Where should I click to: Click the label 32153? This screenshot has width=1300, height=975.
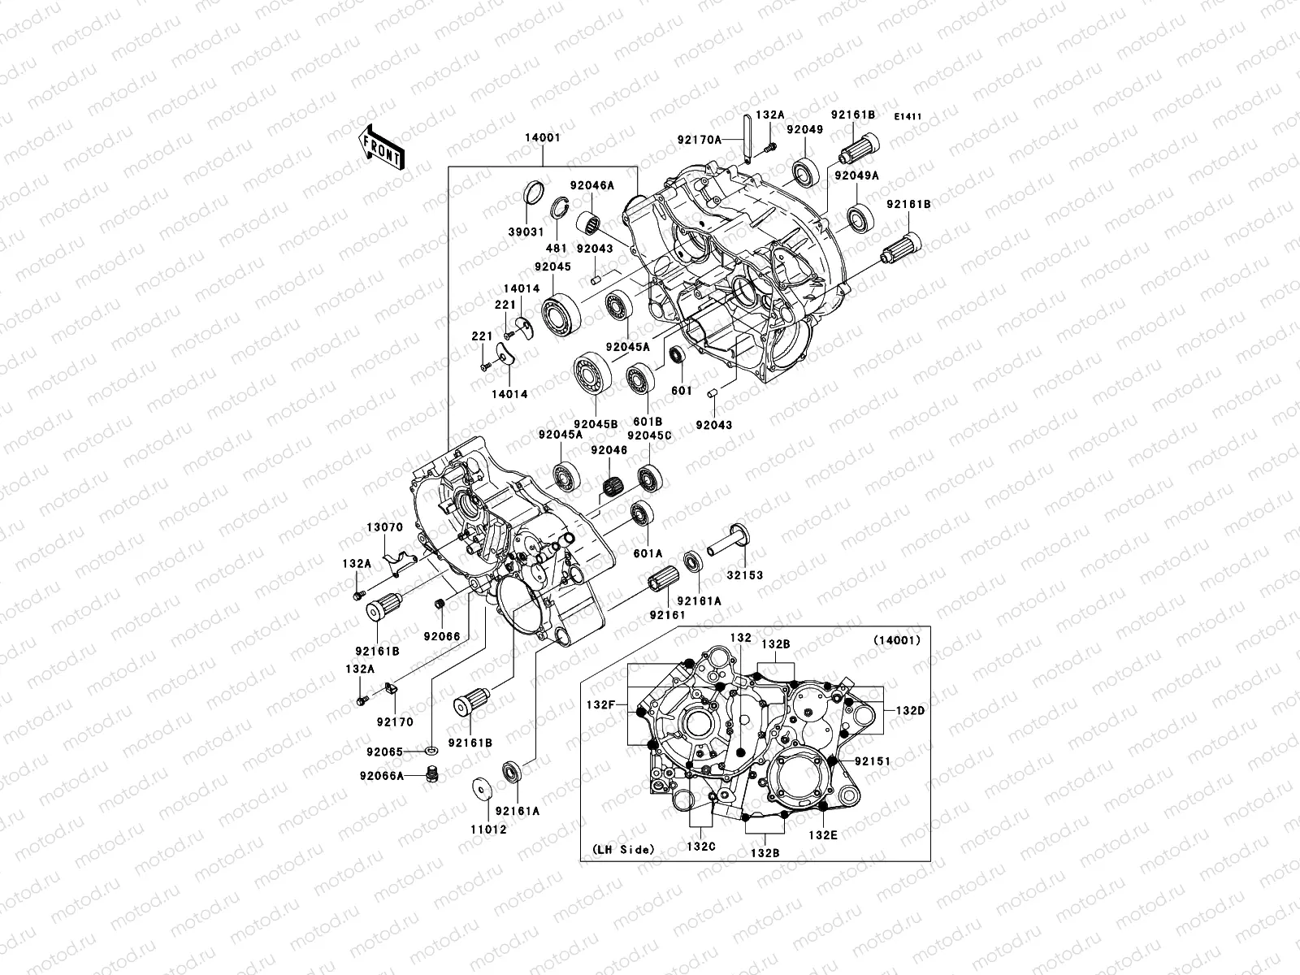coord(745,575)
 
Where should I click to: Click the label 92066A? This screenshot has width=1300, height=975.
coord(383,775)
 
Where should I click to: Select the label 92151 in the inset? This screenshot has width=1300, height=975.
coord(873,761)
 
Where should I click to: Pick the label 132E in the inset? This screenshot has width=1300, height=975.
coord(821,834)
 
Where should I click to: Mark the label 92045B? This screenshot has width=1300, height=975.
coord(596,424)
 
